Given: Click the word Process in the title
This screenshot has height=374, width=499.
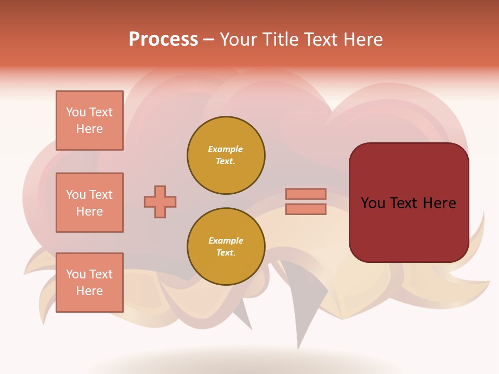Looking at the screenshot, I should coord(163,39).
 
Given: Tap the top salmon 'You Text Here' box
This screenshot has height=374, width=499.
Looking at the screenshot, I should coord(89,121).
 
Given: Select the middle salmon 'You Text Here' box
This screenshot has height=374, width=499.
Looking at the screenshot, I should coord(89,203).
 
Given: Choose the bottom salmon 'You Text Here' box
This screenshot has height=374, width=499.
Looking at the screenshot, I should coord(89,283).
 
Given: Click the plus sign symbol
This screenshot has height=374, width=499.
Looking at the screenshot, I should coord(160,202).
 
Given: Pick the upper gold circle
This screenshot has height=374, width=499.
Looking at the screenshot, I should coord(226,155).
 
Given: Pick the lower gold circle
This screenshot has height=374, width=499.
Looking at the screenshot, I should coord(226,247).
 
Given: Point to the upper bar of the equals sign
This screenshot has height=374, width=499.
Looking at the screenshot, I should coord(306,194).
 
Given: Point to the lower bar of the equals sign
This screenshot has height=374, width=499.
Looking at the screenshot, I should coord(306,209).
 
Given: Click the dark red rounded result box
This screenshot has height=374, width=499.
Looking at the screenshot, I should coord(409,203).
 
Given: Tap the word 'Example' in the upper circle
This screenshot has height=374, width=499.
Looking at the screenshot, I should coord(226,149).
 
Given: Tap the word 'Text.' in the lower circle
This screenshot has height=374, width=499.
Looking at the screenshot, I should coord(226,253).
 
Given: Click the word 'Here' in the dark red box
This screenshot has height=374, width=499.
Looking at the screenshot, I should coord(439,203).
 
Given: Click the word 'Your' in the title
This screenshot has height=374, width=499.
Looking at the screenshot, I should coord(239,39).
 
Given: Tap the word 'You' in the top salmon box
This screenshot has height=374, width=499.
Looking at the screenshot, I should coord(76,112).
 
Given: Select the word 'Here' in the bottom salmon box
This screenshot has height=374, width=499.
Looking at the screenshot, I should coord(89,291).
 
